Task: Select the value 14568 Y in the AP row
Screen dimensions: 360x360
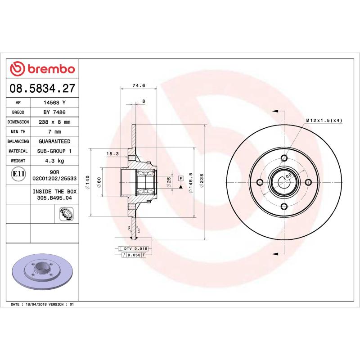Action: pos(54,103)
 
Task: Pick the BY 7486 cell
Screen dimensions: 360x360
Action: pos(54,112)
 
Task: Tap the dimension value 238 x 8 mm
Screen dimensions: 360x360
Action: pos(54,122)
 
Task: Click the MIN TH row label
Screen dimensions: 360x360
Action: pos(18,132)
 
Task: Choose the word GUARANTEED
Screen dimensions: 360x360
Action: pos(54,141)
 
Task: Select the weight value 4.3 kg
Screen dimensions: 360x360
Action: pos(54,161)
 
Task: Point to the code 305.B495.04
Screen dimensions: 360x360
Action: pos(54,198)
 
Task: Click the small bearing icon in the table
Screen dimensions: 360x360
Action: pos(66,214)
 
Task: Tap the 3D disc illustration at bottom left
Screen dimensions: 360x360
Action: pos(43,274)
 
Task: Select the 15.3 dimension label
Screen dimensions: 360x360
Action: pos(112,154)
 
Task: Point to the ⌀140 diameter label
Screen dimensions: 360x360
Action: pos(88,182)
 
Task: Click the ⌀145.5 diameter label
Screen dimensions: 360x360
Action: pos(191,183)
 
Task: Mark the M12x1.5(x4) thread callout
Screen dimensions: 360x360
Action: pos(324,121)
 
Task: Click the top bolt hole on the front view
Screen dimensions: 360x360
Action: pos(283,157)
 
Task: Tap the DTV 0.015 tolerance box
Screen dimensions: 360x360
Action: pos(135,248)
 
